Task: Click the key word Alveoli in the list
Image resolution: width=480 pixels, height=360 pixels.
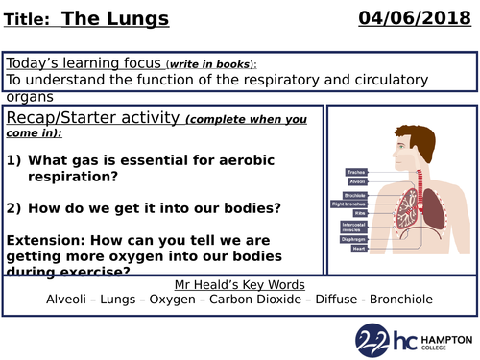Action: point(73,300)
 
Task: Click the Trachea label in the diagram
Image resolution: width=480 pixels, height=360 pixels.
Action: point(356,172)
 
